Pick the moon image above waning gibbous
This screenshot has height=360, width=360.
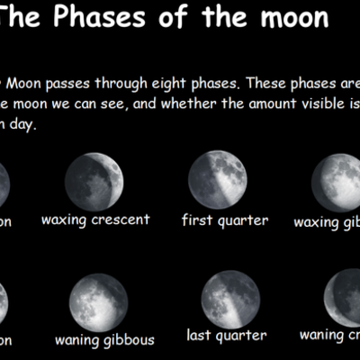[98, 302]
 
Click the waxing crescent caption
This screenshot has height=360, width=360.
[95, 220]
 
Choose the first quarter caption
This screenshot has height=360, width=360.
[225, 220]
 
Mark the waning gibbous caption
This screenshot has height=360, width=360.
[104, 340]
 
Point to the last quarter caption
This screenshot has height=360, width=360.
[227, 336]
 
